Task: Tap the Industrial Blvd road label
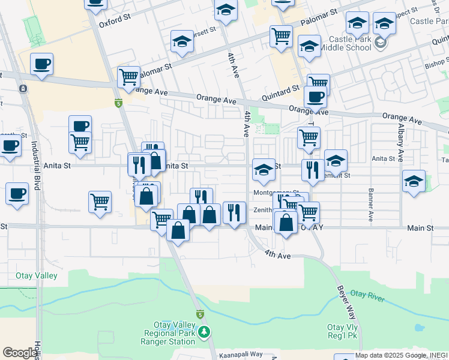[36, 166]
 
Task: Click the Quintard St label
[280, 91]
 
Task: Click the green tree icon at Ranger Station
[205, 331]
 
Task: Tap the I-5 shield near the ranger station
[200, 314]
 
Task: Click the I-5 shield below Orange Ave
[119, 103]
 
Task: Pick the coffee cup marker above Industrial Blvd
[41, 64]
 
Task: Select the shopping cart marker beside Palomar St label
[128, 76]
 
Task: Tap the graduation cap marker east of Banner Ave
[414, 181]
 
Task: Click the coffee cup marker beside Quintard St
[315, 97]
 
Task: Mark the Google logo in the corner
[20, 353]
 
